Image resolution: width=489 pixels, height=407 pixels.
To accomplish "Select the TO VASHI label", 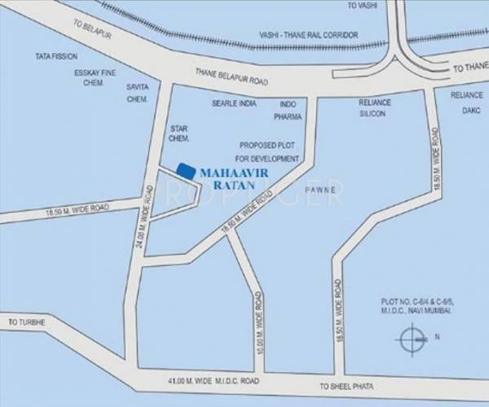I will [363, 6].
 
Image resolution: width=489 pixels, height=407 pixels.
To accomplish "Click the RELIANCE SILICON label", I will [376, 109].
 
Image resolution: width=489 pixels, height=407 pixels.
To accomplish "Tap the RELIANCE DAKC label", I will [467, 101].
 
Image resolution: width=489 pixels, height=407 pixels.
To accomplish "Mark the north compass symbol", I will [412, 336].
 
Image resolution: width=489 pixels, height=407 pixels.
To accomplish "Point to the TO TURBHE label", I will [27, 322].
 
